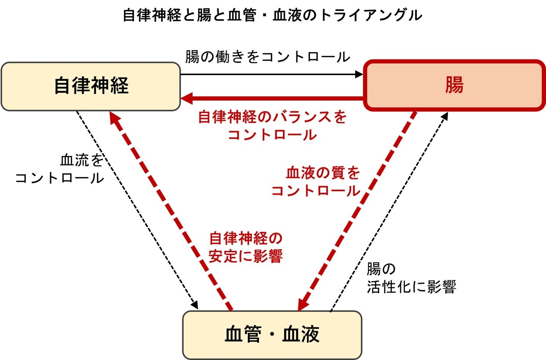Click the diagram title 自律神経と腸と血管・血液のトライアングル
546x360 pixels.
[272, 15]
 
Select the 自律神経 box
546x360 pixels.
[91, 86]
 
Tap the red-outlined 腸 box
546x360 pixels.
[454, 85]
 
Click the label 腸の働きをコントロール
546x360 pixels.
[267, 57]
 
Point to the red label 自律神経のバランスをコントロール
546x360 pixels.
[272, 126]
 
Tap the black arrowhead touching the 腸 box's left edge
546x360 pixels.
[359, 74]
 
